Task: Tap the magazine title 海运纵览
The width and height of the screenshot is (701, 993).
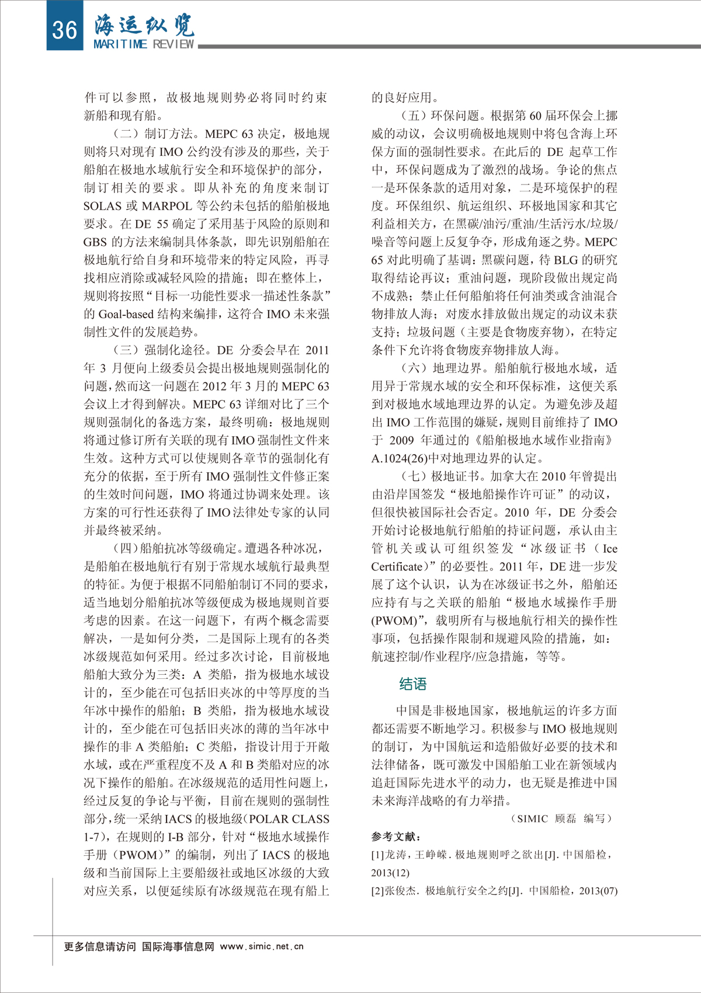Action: click(144, 24)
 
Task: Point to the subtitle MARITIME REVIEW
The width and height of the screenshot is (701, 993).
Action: click(144, 44)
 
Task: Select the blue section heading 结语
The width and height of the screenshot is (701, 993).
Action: click(413, 684)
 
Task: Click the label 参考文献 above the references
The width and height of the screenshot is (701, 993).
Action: click(395, 837)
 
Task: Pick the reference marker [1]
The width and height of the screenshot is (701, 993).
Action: click(377, 855)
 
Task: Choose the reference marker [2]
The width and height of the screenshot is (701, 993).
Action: click(377, 891)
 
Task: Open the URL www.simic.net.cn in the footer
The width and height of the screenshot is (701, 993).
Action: click(262, 946)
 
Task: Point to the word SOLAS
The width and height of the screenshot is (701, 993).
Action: click(103, 206)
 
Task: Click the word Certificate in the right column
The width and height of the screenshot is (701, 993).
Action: click(397, 566)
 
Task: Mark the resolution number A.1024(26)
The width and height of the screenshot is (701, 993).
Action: click(399, 458)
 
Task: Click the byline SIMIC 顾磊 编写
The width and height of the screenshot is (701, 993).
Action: click(561, 818)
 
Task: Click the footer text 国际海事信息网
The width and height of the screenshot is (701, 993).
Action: click(178, 946)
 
